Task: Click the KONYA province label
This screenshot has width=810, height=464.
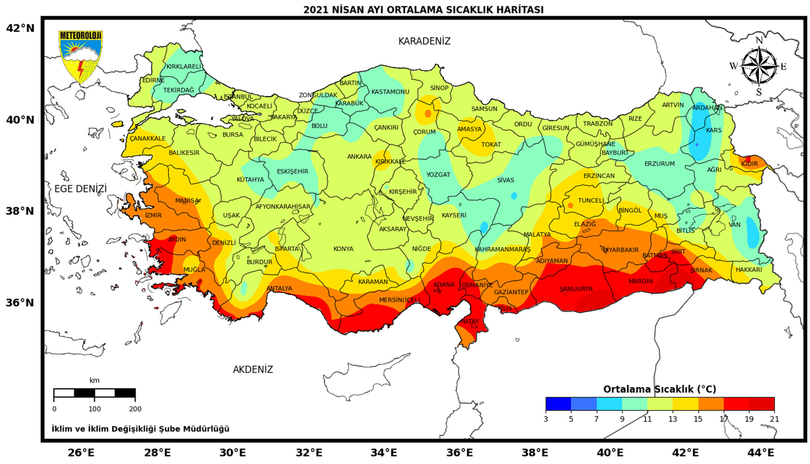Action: tap(343, 249)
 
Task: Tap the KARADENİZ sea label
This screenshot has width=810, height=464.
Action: tap(424, 41)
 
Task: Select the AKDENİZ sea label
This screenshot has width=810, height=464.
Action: tap(253, 370)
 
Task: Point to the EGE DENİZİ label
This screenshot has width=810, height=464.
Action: tap(80, 189)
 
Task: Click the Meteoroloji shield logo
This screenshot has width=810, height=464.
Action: tap(81, 56)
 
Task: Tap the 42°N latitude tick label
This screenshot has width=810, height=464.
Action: tap(20, 28)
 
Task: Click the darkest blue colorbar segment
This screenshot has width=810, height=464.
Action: tap(558, 404)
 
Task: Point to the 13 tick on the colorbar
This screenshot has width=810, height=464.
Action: tap(672, 419)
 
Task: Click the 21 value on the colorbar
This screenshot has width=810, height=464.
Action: tap(774, 419)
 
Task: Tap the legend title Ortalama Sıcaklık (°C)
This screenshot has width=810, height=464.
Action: tap(659, 389)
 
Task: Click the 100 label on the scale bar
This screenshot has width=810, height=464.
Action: tap(94, 409)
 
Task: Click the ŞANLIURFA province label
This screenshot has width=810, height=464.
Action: tap(576, 289)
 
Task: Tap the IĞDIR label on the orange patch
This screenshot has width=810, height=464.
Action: tap(749, 164)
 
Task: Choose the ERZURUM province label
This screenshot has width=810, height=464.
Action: tap(659, 164)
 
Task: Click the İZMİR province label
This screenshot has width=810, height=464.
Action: tap(153, 216)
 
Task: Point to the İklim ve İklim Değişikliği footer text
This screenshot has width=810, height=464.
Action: tap(140, 429)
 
